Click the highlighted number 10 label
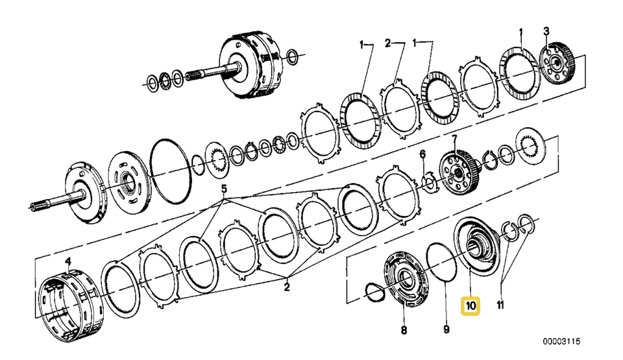coord(469,305)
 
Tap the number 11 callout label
coord(500,305)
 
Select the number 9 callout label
coord(446,330)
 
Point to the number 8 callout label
coord(403,330)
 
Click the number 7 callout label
coord(454,139)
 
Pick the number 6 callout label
coord(422,154)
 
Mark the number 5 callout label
coord(225,190)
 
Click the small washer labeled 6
coord(430,182)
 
